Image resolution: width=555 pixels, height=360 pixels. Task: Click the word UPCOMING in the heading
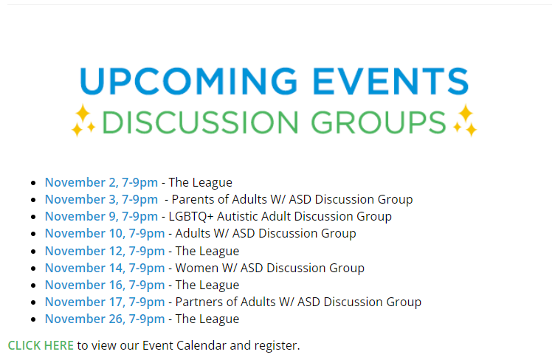pos(189,81)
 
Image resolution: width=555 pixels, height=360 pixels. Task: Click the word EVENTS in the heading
pos(390,81)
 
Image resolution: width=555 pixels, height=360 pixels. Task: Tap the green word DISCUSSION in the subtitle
pos(200,122)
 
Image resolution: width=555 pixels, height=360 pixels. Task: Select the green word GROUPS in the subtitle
pos(379,122)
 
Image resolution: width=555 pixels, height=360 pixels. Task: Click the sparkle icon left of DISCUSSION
pos(83,120)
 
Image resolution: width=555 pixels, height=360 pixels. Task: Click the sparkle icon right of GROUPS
pos(465,120)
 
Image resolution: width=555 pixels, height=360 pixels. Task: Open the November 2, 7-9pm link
pos(101,182)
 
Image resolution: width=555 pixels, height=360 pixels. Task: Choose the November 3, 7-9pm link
pos(101,199)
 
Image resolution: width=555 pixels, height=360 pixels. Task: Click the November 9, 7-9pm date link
pos(101,216)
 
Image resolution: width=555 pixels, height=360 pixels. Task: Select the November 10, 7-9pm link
pos(105,233)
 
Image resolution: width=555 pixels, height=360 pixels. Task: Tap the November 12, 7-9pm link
pos(105,251)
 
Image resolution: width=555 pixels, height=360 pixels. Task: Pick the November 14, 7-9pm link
pos(105,268)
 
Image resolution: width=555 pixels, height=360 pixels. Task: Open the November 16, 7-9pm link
pos(105,285)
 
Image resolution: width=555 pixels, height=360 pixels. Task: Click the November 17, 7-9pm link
pos(105,302)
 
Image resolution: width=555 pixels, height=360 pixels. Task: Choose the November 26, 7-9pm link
pos(105,319)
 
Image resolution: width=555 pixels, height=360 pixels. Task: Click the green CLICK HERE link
pos(41,345)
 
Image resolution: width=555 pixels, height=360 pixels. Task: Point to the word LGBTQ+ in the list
pos(191,216)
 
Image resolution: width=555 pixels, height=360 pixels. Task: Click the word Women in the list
pos(197,268)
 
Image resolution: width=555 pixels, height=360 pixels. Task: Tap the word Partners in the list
pos(199,302)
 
